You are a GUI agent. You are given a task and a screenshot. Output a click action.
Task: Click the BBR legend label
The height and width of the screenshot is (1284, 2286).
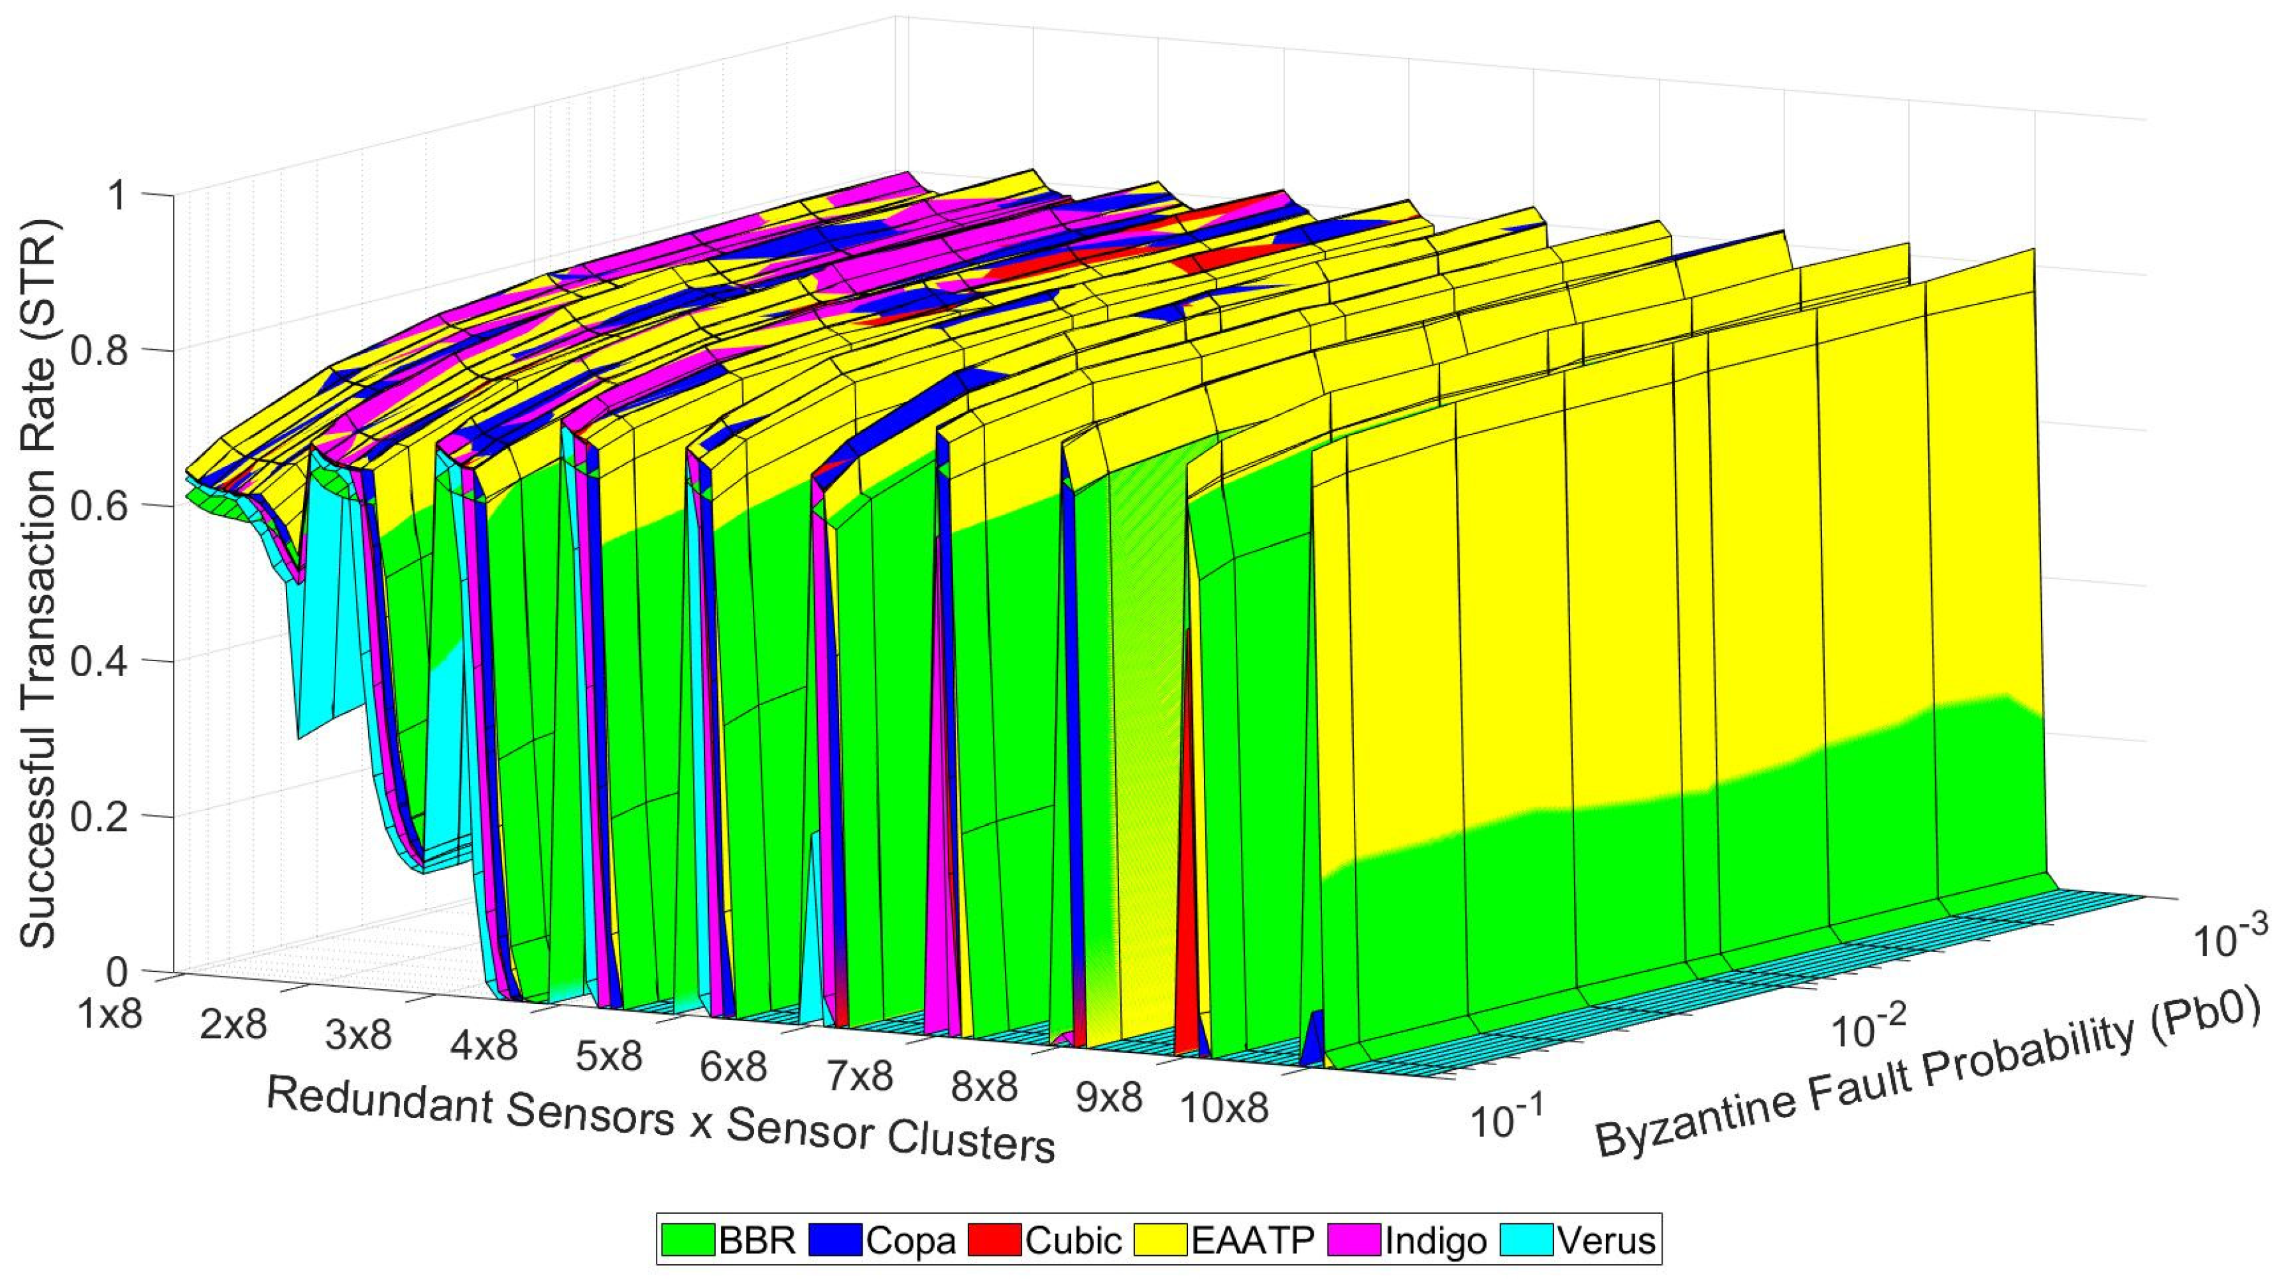[757, 1239]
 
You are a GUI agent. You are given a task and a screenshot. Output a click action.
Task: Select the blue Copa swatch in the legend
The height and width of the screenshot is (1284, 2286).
[835, 1239]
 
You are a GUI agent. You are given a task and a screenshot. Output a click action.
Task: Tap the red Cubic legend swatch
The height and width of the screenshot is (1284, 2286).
[995, 1239]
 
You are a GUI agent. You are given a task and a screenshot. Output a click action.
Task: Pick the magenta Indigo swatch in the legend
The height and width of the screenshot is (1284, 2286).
[1355, 1239]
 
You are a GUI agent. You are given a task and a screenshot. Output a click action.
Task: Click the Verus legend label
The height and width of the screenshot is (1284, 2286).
[1607, 1239]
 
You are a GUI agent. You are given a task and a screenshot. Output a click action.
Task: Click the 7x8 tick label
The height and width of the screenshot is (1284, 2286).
[860, 1077]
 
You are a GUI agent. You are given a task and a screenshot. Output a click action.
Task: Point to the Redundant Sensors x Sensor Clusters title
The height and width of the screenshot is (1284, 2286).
[661, 1118]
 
